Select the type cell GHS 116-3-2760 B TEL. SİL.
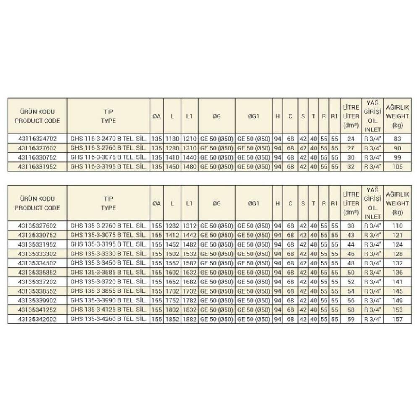[x=108, y=147]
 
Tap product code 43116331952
[x=37, y=167]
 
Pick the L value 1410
[x=172, y=157]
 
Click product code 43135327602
[x=37, y=225]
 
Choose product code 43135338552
[x=37, y=291]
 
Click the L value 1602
[x=172, y=272]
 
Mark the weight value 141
[x=397, y=282]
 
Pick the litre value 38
[x=351, y=225]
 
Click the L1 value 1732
[x=189, y=291]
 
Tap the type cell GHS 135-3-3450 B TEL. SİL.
[x=108, y=263]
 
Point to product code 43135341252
[x=37, y=310]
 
